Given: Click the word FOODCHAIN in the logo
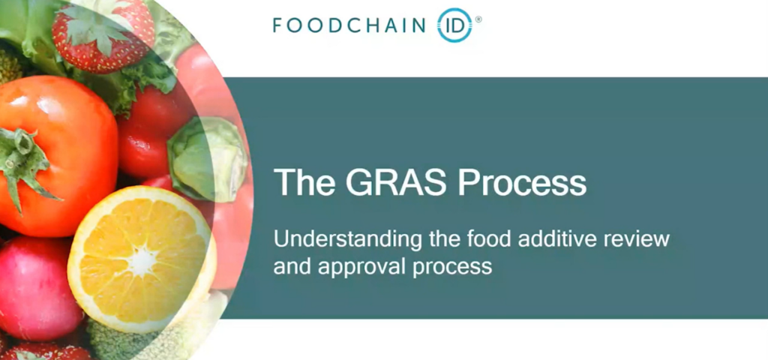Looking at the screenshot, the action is pos(349,25).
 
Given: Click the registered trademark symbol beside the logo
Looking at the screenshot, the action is pos(478,19).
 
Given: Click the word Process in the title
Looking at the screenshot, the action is pos(522,183).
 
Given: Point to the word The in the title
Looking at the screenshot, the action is pos(304,183).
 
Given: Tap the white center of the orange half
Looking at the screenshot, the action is pos(142,261).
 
